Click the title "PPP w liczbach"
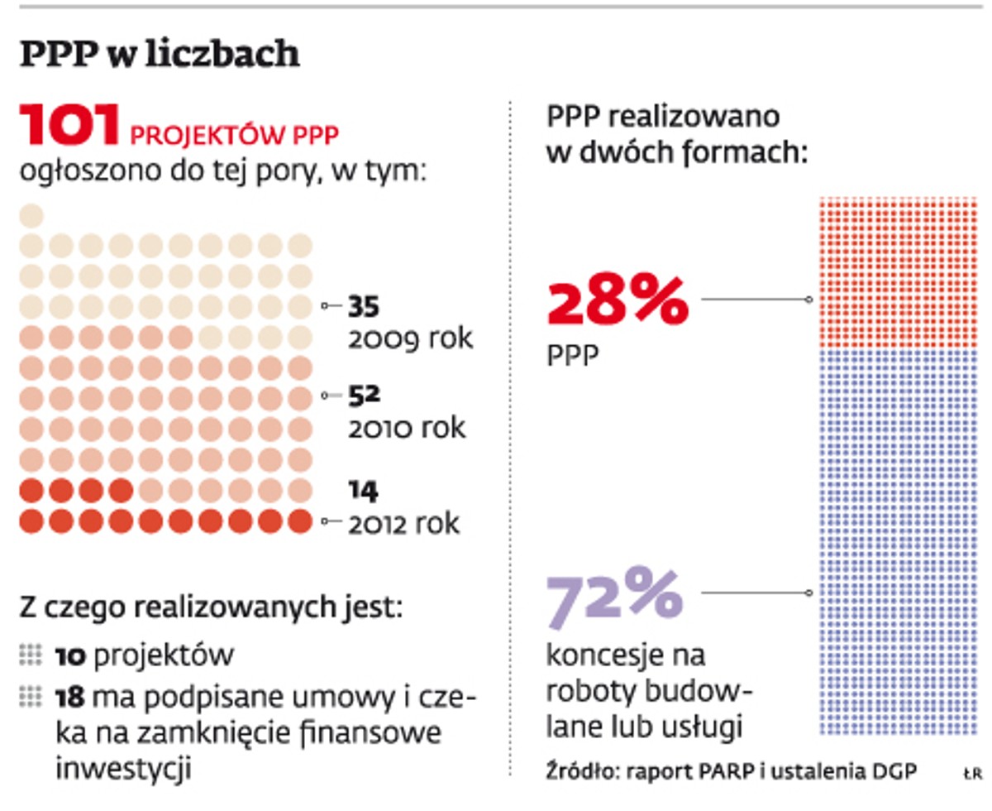pyautogui.click(x=160, y=55)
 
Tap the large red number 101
pyautogui.click(x=70, y=124)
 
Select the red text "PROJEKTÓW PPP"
pyautogui.click(x=236, y=133)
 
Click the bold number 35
pyautogui.click(x=363, y=307)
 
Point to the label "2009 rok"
pyautogui.click(x=410, y=338)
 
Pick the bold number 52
pyautogui.click(x=363, y=396)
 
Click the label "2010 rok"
pyautogui.click(x=407, y=428)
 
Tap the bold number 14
pyautogui.click(x=363, y=492)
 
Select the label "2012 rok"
pyautogui.click(x=403, y=524)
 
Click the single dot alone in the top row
pyautogui.click(x=31, y=216)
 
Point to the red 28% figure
pyautogui.click(x=617, y=303)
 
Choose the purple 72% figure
pyautogui.click(x=614, y=594)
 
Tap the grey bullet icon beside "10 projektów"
pyautogui.click(x=31, y=655)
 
